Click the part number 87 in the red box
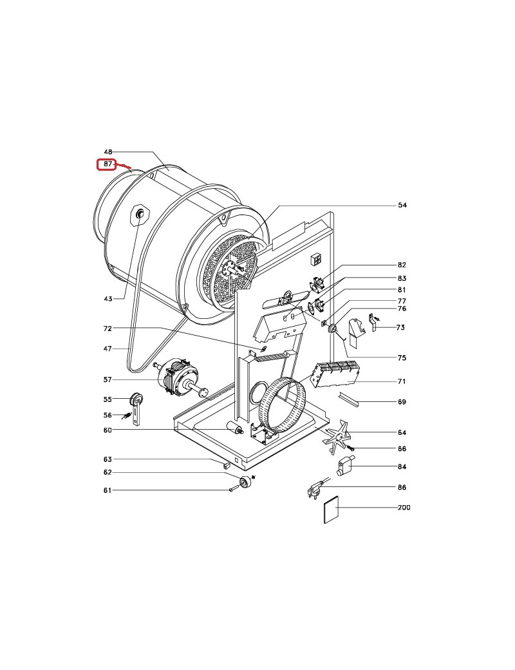108,164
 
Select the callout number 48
108,151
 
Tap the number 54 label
402,205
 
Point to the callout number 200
404,508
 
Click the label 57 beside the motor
108,379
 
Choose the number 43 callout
108,299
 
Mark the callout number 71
402,381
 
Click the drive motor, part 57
180,378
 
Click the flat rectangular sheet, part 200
332,510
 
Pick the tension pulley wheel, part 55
136,399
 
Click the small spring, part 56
126,416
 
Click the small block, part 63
227,464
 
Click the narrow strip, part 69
348,399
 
